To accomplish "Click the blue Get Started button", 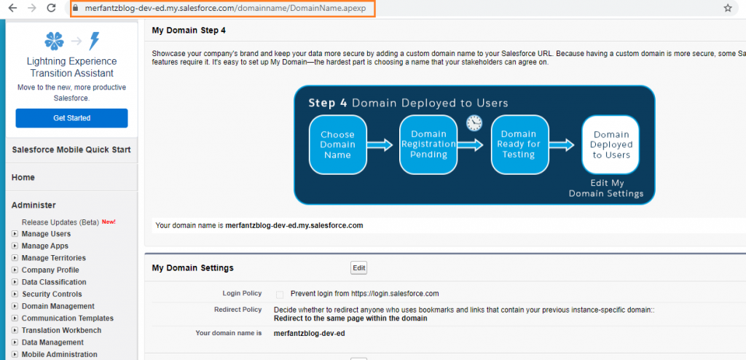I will (x=71, y=118).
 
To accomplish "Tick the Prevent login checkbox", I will (x=280, y=294).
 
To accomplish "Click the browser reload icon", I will (x=51, y=8).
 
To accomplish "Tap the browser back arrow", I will (x=12, y=8).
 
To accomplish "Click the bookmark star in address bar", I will (x=727, y=9).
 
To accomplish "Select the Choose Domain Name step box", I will (x=337, y=144).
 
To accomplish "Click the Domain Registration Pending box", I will (x=428, y=144).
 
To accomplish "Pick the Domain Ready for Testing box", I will (x=519, y=144).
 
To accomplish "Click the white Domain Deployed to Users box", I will (x=610, y=144).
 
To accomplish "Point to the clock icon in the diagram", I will (x=474, y=122).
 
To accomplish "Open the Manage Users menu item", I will (x=46, y=234).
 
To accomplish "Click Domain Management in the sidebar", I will (x=58, y=306).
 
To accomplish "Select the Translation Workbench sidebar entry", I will (x=61, y=330).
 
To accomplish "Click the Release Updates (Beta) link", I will (x=60, y=222).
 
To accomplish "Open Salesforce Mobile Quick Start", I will (x=71, y=150).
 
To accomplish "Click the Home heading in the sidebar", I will (x=23, y=177).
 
